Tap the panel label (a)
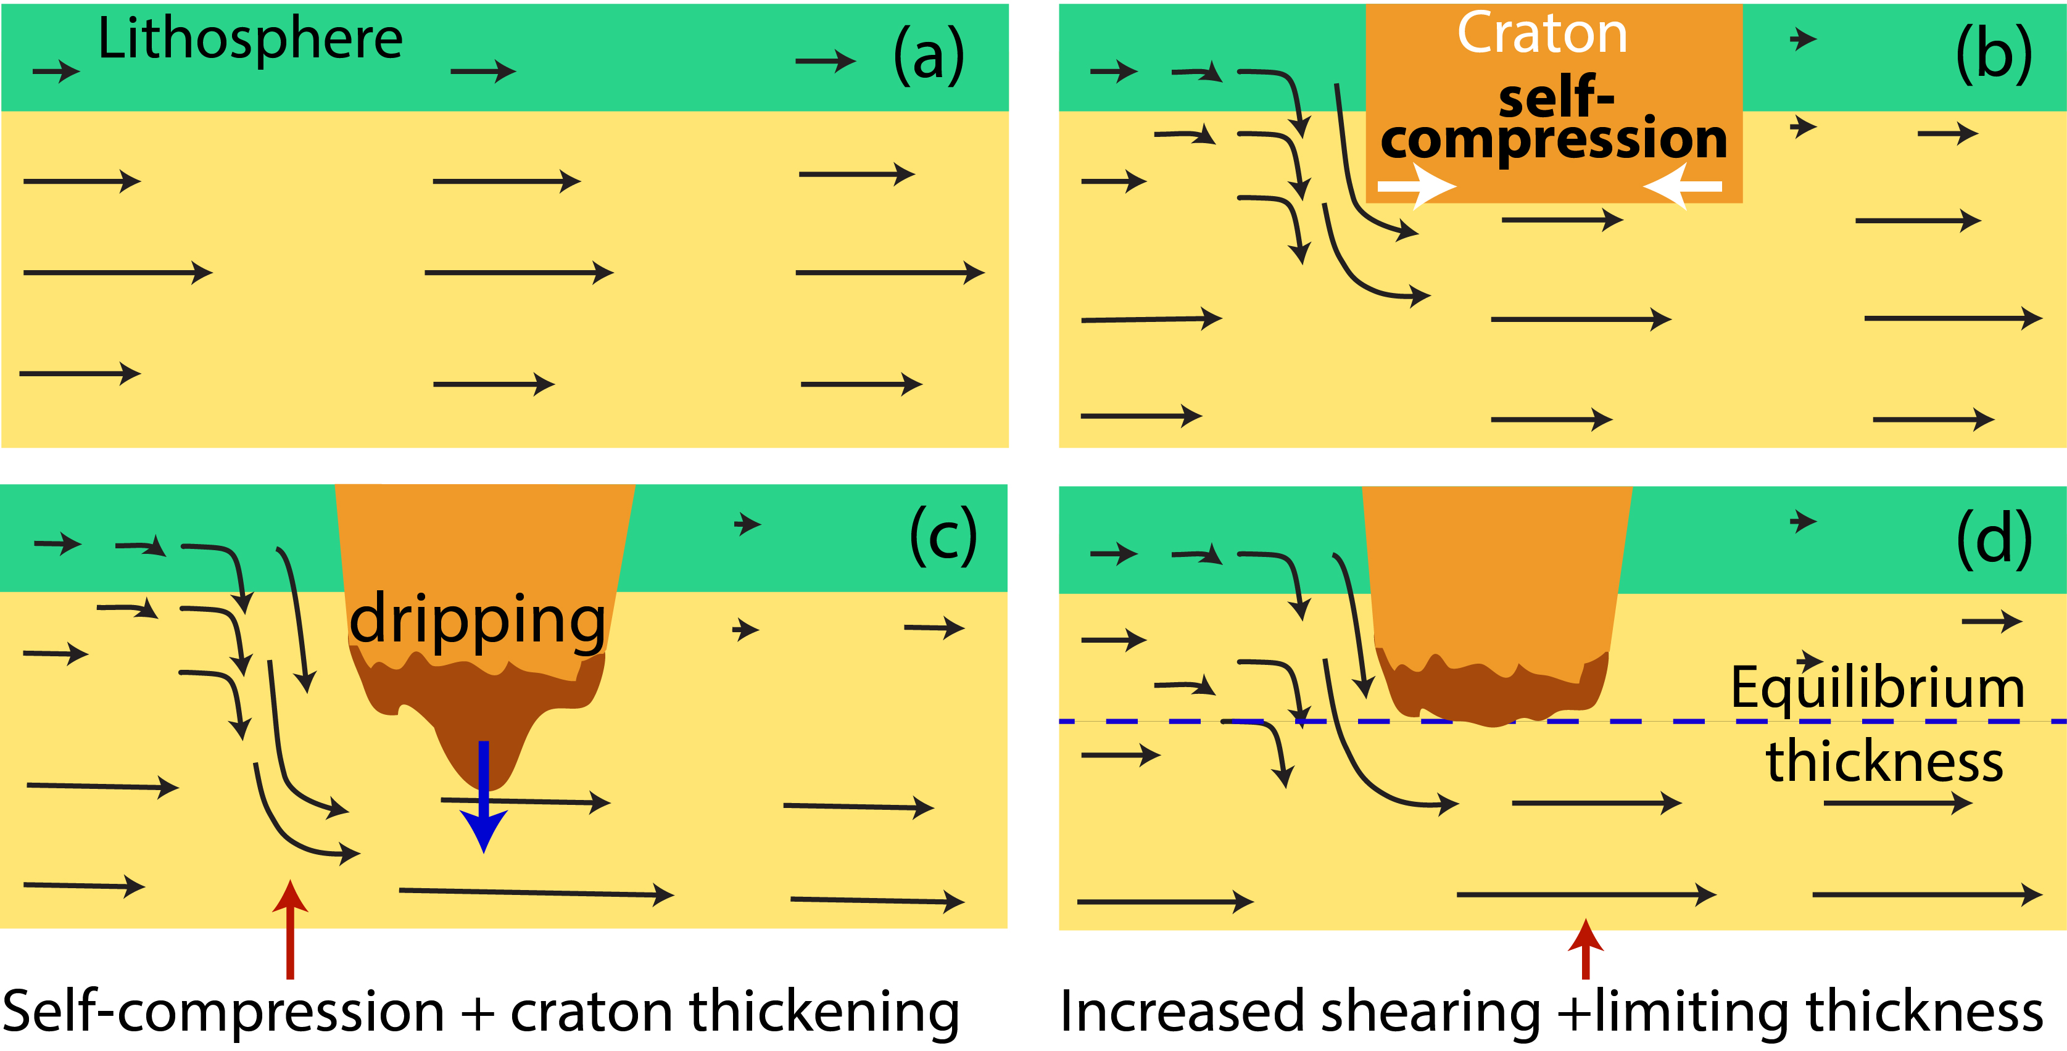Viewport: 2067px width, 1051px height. pos(929,54)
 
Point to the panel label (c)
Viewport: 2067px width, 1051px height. pos(943,536)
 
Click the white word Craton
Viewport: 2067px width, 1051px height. pos(1541,34)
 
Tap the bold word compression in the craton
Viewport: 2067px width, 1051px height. pos(1554,139)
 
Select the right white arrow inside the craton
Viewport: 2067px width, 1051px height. pos(1682,186)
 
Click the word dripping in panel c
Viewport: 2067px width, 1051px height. pos(478,619)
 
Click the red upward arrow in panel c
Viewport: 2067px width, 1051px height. pos(289,931)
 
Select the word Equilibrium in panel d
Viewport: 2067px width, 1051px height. pos(1877,688)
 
